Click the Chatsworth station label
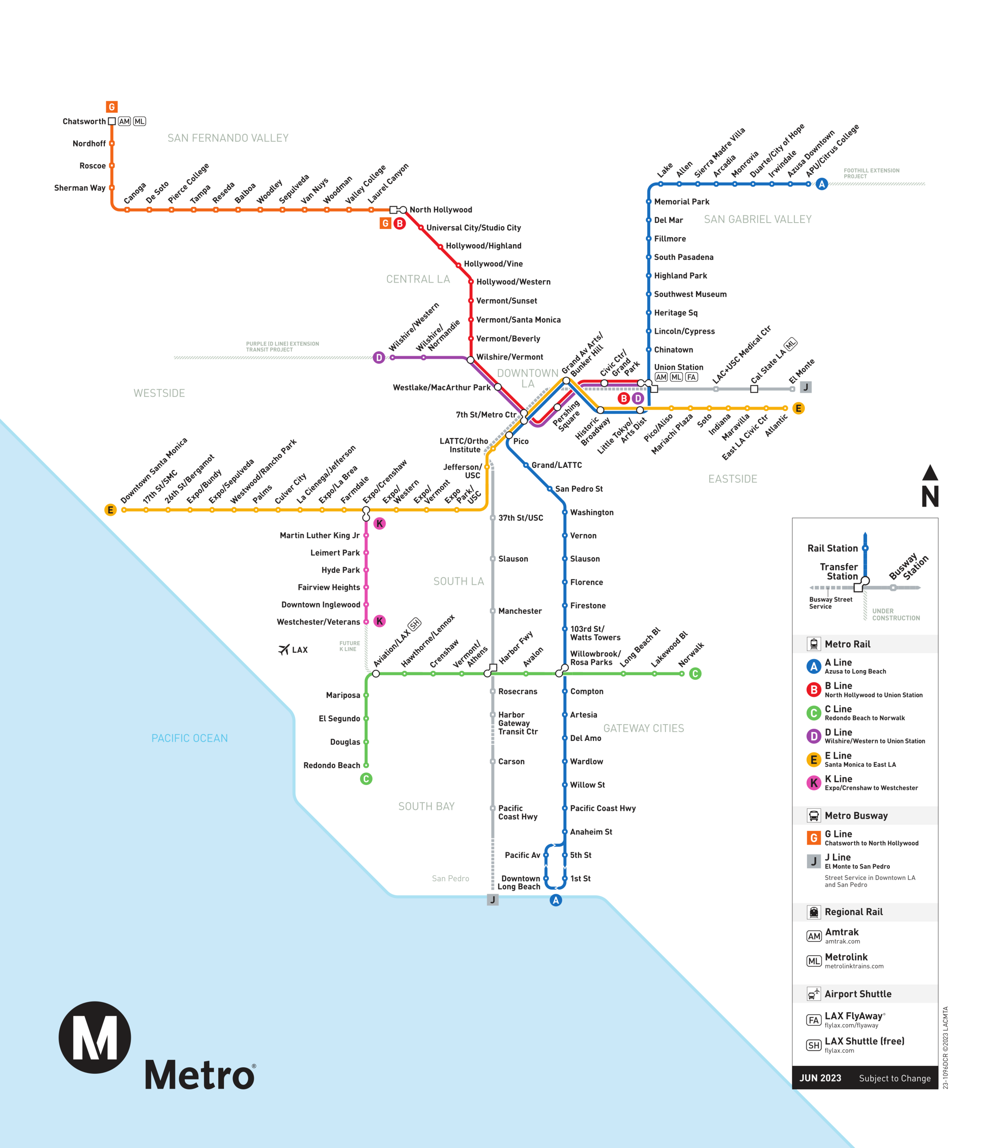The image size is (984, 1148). (84, 121)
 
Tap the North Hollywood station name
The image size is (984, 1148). (440, 210)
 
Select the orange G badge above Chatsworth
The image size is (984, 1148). (111, 107)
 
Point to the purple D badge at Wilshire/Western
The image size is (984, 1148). (379, 358)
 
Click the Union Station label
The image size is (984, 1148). (678, 367)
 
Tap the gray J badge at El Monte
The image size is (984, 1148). (806, 387)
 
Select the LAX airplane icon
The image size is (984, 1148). (284, 649)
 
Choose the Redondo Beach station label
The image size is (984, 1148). (331, 765)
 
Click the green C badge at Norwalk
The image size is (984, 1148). (695, 674)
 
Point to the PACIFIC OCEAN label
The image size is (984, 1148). (189, 738)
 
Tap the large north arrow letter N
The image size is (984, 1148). (930, 496)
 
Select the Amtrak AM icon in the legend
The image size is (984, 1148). (813, 936)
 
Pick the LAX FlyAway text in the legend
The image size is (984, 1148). (853, 1016)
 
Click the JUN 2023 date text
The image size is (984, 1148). (820, 1078)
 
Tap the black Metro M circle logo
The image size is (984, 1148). (95, 1037)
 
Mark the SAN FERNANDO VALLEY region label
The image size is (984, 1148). (228, 138)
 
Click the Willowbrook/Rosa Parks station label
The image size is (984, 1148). (595, 658)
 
